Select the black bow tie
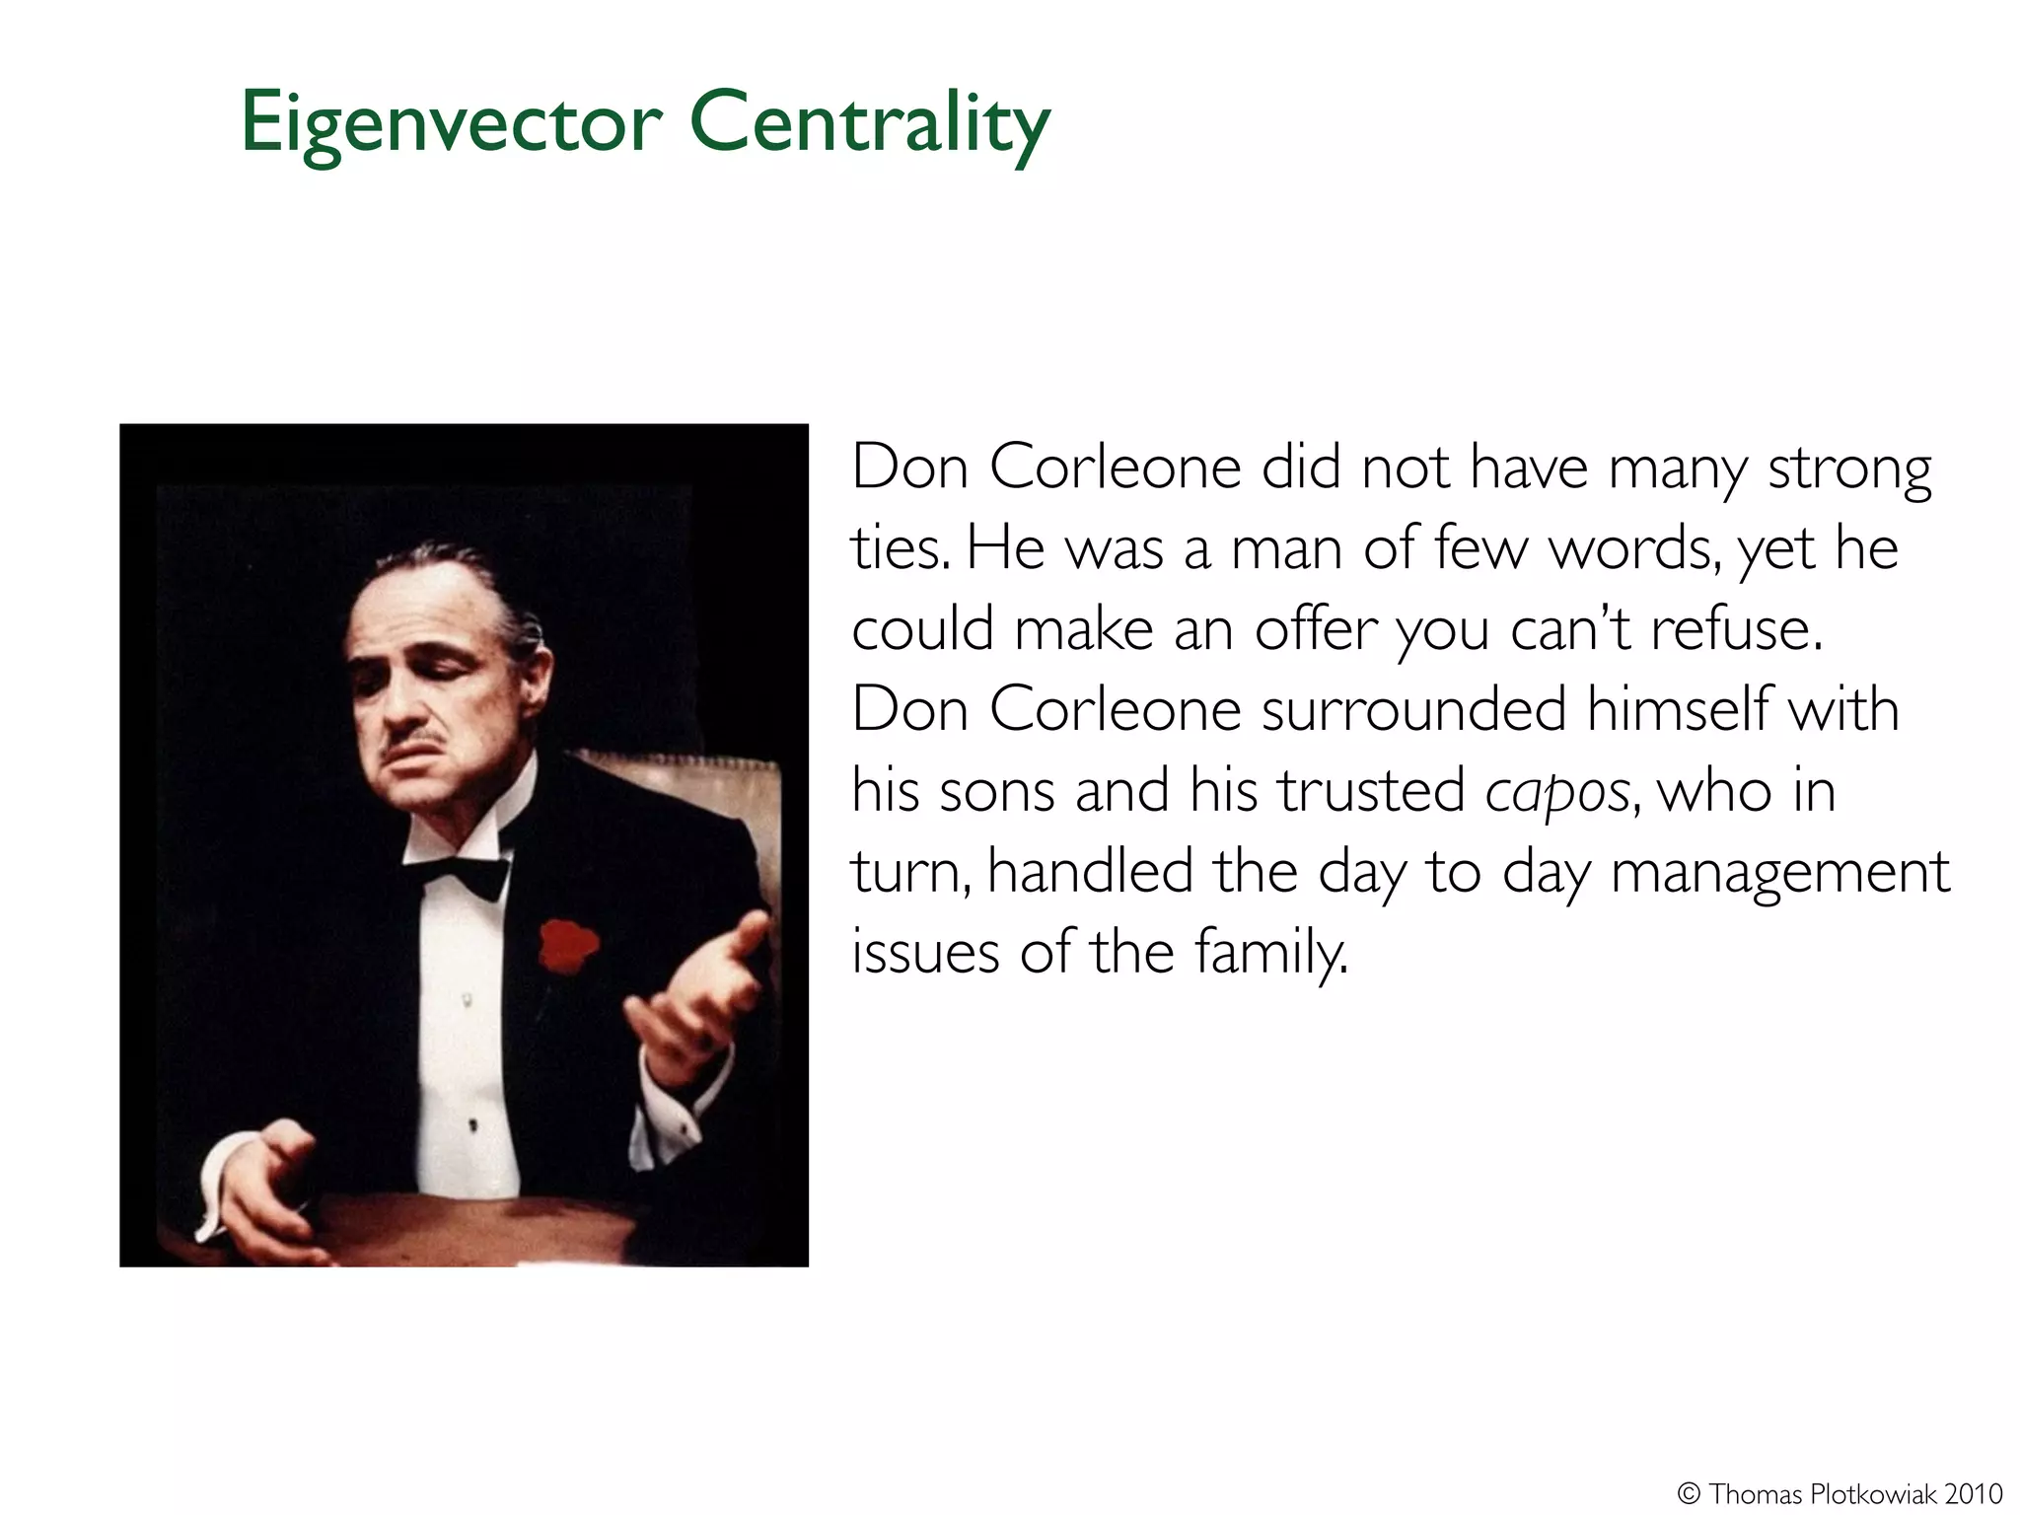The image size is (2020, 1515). point(460,874)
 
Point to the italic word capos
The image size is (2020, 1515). point(1557,792)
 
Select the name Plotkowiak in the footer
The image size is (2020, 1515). point(1872,1493)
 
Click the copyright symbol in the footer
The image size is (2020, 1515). point(1689,1493)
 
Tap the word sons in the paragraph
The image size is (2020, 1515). point(997,792)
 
